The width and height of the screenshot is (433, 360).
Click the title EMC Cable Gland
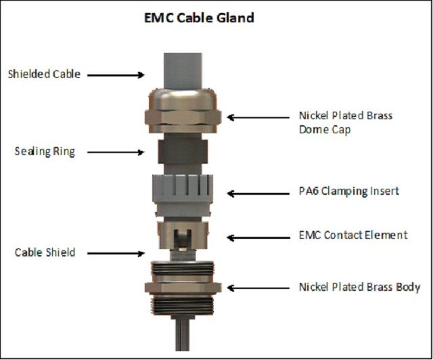(x=199, y=18)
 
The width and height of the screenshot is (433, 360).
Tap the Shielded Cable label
(x=44, y=74)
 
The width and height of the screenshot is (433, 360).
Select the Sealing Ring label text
(x=45, y=152)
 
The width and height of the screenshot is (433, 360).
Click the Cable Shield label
(x=45, y=252)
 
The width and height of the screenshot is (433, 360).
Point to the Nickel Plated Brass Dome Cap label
(x=345, y=122)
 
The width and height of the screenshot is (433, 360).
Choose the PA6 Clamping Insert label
(x=348, y=192)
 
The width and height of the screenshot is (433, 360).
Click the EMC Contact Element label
(x=353, y=235)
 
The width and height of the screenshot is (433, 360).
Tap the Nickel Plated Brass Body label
(x=359, y=287)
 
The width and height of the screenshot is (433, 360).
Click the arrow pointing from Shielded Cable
(x=117, y=74)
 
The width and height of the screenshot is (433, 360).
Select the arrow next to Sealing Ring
(x=116, y=152)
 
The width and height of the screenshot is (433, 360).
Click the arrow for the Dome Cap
(x=258, y=116)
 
